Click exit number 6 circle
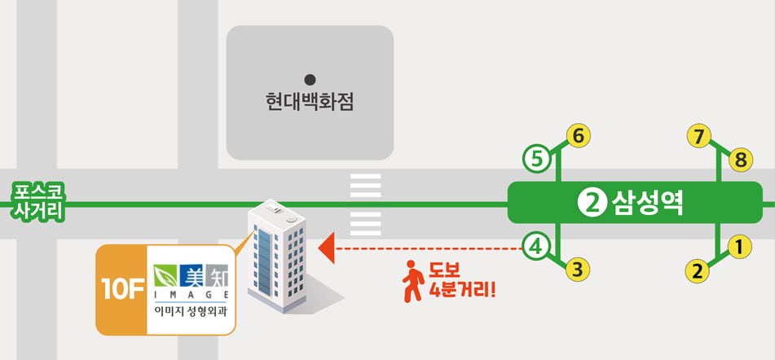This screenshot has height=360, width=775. pyautogui.click(x=579, y=135)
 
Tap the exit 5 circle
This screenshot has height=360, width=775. pyautogui.click(x=536, y=159)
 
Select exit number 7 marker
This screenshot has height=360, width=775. pyautogui.click(x=699, y=136)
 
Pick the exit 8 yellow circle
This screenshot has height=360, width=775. pyautogui.click(x=741, y=159)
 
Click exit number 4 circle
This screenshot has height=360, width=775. pyautogui.click(x=536, y=246)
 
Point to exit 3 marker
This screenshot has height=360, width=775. pyautogui.click(x=578, y=270)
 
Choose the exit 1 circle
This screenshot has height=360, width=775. pyautogui.click(x=739, y=247)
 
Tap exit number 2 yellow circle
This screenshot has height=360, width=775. pyautogui.click(x=698, y=271)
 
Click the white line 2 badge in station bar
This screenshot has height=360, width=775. pyautogui.click(x=591, y=204)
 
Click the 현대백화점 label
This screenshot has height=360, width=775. pyautogui.click(x=310, y=103)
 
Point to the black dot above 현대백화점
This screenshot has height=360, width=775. pyautogui.click(x=310, y=79)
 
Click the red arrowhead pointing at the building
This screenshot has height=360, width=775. pyautogui.click(x=327, y=249)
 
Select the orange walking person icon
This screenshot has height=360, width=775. pyautogui.click(x=413, y=282)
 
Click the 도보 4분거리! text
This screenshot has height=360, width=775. pyautogui.click(x=461, y=279)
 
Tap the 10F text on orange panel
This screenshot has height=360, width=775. pyautogui.click(x=121, y=291)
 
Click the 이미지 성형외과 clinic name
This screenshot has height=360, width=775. pyautogui.click(x=191, y=312)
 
